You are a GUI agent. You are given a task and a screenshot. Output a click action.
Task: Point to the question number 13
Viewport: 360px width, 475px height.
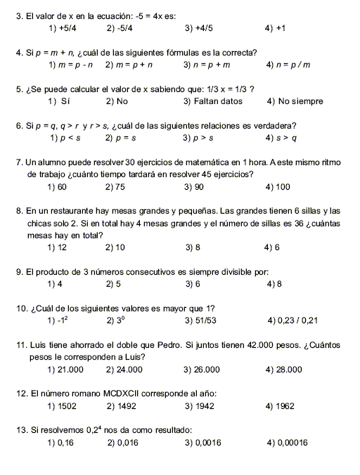coord(20,430)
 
